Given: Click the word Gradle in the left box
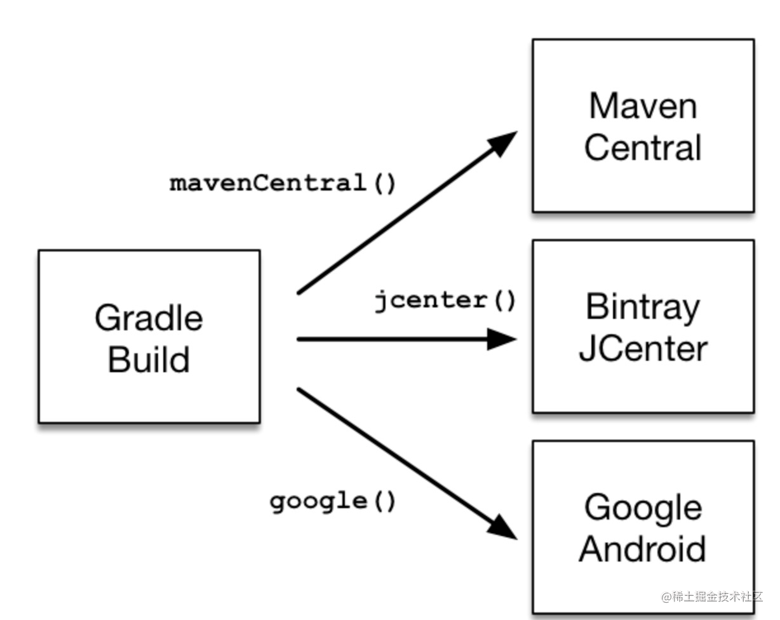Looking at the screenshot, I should [149, 317].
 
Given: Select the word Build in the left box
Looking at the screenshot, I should [149, 359].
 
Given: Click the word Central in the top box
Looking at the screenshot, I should [642, 147].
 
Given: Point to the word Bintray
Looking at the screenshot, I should [642, 307].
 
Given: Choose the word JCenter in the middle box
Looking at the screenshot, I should [642, 349].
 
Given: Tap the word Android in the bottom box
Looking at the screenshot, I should [642, 549].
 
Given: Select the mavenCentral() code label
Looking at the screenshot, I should [283, 184].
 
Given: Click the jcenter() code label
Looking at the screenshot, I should [445, 300].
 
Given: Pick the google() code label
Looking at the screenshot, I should [333, 502].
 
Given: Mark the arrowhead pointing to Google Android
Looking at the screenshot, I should [504, 529].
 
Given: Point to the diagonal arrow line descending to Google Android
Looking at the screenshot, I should [394, 454].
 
